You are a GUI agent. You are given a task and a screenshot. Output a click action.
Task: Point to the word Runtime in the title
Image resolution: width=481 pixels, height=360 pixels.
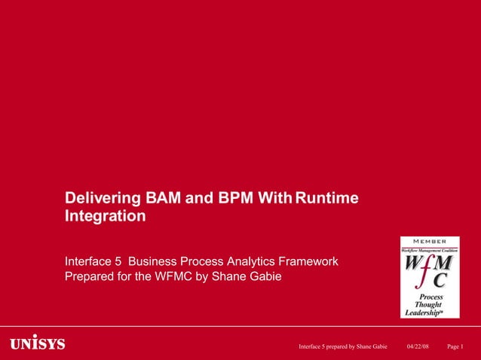326,199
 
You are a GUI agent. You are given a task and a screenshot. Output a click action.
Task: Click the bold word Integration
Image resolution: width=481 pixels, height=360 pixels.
106,217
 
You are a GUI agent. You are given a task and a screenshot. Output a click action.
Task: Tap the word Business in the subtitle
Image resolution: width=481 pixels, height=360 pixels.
154,261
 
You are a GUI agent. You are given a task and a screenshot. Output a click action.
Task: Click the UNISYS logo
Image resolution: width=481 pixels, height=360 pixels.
38,345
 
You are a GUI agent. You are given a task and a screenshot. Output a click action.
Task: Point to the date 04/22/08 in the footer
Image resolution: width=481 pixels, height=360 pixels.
418,346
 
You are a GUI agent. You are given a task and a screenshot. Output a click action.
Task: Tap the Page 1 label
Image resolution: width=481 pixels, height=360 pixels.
455,346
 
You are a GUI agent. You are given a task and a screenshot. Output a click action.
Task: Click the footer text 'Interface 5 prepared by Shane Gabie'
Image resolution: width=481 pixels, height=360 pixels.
342,346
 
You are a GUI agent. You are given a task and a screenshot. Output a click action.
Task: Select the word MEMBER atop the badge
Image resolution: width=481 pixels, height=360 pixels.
429,241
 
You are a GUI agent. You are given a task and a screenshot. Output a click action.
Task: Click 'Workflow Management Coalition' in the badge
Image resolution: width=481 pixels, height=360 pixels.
429,249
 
